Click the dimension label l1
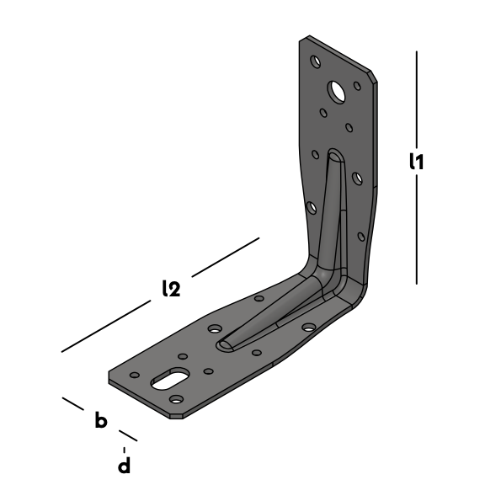coord(416,162)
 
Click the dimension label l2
coord(172,288)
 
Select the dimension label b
coord(101,419)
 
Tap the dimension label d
coord(125,464)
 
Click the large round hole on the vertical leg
coord(337,92)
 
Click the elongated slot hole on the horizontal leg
coord(170,379)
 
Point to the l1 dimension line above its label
coord(416,99)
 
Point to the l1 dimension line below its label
coord(416,229)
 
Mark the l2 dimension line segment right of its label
coord(226,257)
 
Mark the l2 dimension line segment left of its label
coord(106,326)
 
